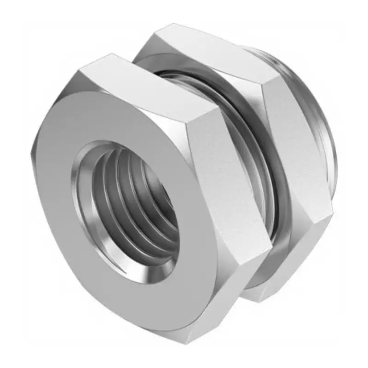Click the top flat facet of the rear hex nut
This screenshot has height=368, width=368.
[207, 51]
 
